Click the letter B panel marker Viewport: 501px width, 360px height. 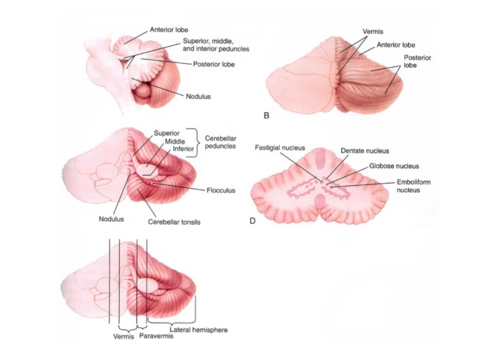(267, 115)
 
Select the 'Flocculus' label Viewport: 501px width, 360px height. (221, 190)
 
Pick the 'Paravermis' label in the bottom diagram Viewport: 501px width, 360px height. (155, 337)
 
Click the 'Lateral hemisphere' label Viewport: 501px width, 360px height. (199, 329)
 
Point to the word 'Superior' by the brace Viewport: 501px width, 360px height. (167, 133)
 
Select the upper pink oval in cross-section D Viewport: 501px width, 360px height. (320, 158)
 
